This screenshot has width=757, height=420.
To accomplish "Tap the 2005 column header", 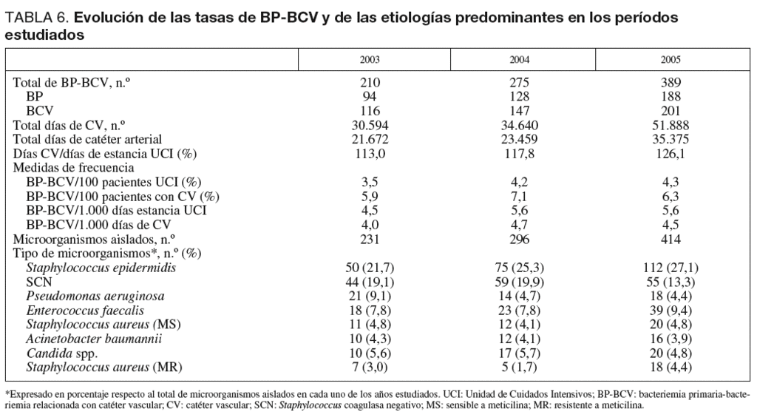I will (x=671, y=60).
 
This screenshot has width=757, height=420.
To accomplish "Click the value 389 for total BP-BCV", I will (x=671, y=84).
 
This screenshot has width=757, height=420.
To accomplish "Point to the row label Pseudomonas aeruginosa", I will (x=95, y=297).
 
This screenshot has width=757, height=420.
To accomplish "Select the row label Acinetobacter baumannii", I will (x=94, y=339).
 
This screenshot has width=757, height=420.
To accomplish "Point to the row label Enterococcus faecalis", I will (x=85, y=311).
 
